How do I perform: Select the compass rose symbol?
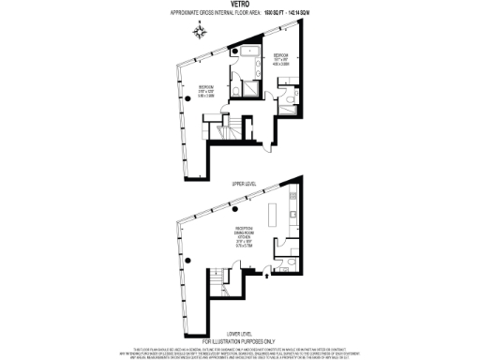(199, 32)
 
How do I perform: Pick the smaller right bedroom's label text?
(279, 57)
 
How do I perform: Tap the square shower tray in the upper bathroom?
(251, 87)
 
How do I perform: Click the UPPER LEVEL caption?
(244, 184)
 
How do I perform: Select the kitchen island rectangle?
(275, 216)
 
